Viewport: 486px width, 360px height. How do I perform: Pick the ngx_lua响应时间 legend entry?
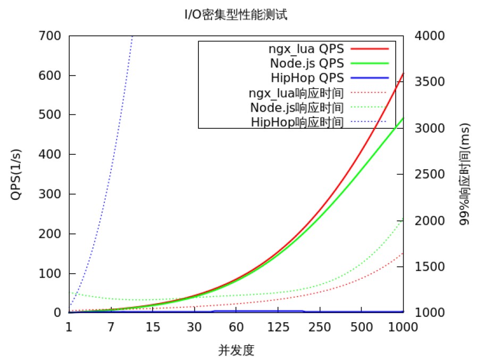tap(296, 93)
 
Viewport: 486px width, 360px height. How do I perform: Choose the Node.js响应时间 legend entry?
tap(297, 107)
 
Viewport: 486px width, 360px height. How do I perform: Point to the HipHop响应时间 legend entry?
tap(297, 122)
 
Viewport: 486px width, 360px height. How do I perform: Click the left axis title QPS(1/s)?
tap(16, 175)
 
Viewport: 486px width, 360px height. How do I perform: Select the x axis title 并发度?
tap(236, 350)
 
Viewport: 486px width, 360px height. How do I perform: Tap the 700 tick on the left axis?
tap(51, 36)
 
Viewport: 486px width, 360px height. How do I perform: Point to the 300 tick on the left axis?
tap(51, 194)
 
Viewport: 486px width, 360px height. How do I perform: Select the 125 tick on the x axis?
tap(278, 326)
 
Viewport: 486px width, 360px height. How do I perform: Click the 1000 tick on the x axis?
tap(403, 326)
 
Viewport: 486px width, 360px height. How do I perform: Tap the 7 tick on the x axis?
tap(111, 326)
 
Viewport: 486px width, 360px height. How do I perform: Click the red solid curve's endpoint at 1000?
tap(403, 73)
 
